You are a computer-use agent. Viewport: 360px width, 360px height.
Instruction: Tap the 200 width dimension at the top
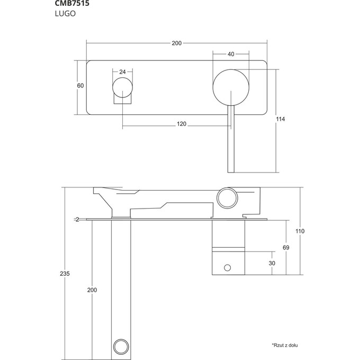pyautogui.click(x=177, y=43)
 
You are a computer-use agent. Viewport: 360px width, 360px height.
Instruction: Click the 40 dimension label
pyautogui.click(x=231, y=55)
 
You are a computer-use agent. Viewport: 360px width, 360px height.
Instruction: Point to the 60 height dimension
pyautogui.click(x=80, y=86)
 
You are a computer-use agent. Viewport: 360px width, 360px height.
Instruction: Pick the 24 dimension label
pyautogui.click(x=122, y=71)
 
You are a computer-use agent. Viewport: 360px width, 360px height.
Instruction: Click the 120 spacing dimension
pyautogui.click(x=182, y=124)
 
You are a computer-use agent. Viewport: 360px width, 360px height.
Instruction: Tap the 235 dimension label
pyautogui.click(x=65, y=274)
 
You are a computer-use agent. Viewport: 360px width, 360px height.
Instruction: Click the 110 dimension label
pyautogui.click(x=300, y=231)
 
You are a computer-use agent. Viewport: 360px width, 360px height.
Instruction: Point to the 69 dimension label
pyautogui.click(x=286, y=248)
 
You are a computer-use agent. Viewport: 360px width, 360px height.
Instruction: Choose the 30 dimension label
pyautogui.click(x=272, y=263)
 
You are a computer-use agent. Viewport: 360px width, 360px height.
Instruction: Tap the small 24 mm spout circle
pyautogui.click(x=122, y=88)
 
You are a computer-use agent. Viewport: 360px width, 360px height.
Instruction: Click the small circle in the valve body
pyautogui.click(x=229, y=268)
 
